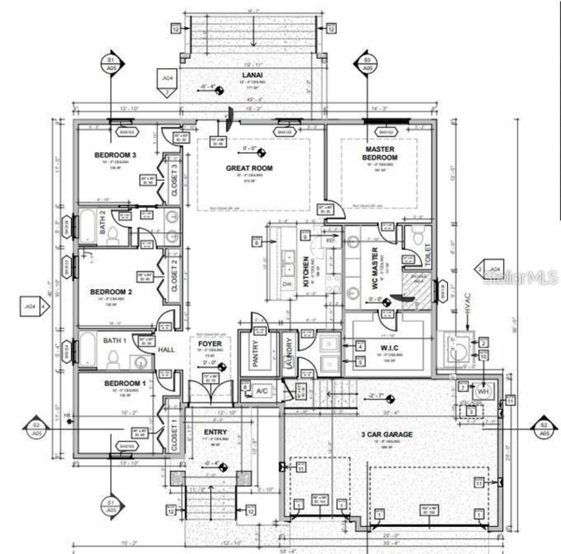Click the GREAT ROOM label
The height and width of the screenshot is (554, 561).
[x=249, y=168]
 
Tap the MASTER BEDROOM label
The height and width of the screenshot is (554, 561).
[x=380, y=153]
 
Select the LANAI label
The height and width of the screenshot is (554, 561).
[x=252, y=75]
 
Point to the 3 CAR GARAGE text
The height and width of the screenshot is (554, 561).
[x=387, y=434]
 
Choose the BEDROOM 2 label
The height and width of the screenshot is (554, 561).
[x=111, y=292]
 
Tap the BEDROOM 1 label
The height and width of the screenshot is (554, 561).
[x=122, y=383]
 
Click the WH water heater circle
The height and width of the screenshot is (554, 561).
[x=483, y=391]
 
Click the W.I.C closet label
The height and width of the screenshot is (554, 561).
[x=389, y=348]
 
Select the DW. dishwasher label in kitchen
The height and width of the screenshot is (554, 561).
[x=288, y=284]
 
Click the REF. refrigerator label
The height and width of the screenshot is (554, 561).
[x=331, y=241]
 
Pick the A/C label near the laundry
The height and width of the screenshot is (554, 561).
[x=262, y=391]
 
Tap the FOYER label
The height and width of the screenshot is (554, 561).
[x=209, y=344]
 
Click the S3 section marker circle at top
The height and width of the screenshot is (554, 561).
[x=367, y=64]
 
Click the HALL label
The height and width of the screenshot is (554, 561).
[x=166, y=349]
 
